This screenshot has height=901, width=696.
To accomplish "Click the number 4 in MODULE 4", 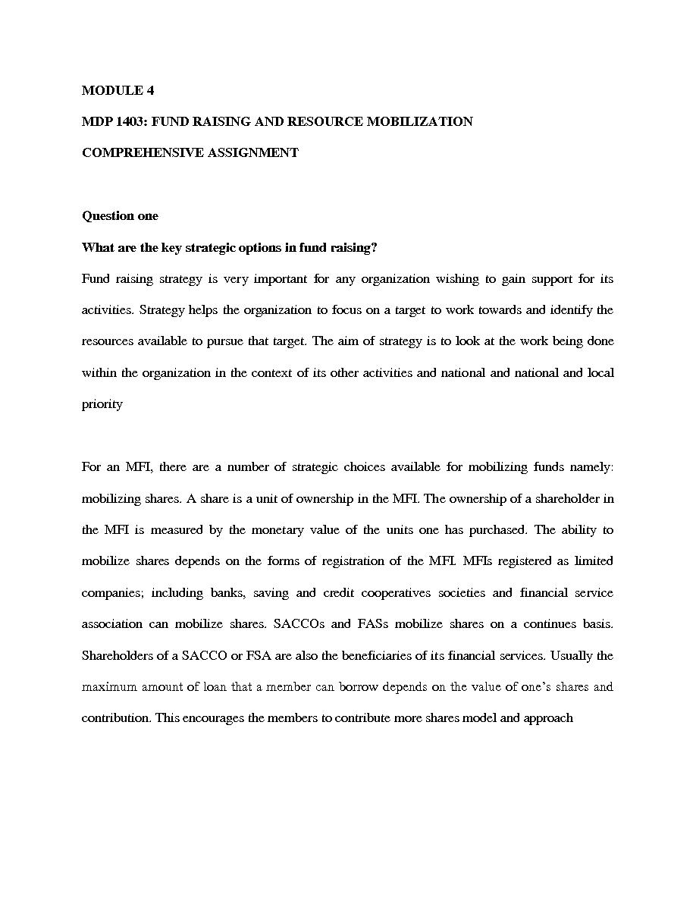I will pyautogui.click(x=150, y=91).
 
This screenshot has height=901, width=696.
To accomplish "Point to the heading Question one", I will pyautogui.click(x=120, y=216).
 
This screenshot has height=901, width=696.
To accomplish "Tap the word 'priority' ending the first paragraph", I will pyautogui.click(x=102, y=404).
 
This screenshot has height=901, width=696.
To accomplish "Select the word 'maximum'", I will pyautogui.click(x=102, y=687).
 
